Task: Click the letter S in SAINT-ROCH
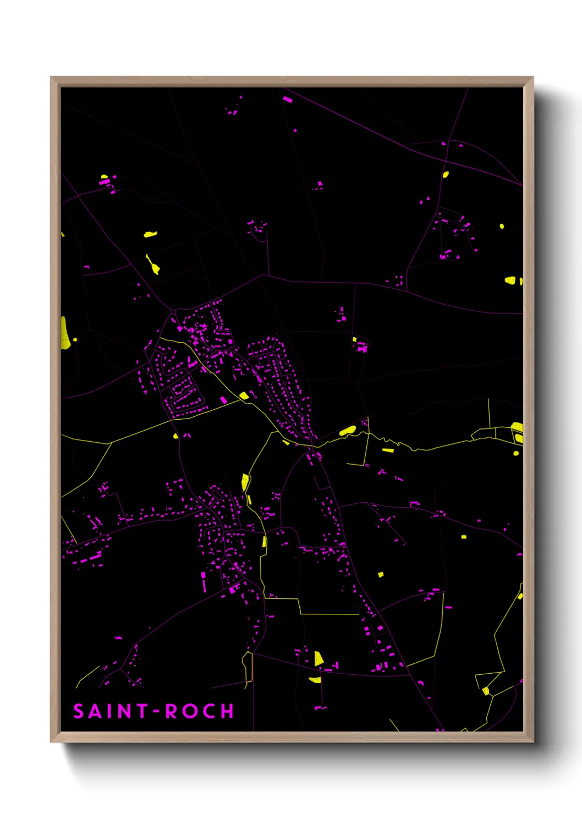pyautogui.click(x=78, y=711)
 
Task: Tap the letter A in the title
pyautogui.click(x=96, y=711)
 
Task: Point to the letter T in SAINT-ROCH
pyautogui.click(x=143, y=711)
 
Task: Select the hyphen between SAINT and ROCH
pyautogui.click(x=156, y=711)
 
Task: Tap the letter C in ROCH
pyautogui.click(x=210, y=711)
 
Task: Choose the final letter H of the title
pyautogui.click(x=228, y=711)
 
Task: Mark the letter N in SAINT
pyautogui.click(x=125, y=711)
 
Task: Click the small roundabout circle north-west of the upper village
pyautogui.click(x=174, y=312)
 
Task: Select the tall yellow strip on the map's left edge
pyautogui.click(x=64, y=333)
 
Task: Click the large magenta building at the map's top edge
pyautogui.click(x=287, y=100)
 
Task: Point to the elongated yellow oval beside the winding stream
pyautogui.click(x=347, y=430)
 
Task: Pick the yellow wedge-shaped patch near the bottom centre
pyautogui.click(x=319, y=658)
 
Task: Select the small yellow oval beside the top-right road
pyautogui.click(x=446, y=175)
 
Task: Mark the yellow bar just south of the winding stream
pyautogui.click(x=388, y=450)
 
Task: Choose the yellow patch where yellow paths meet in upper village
pyautogui.click(x=244, y=395)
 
